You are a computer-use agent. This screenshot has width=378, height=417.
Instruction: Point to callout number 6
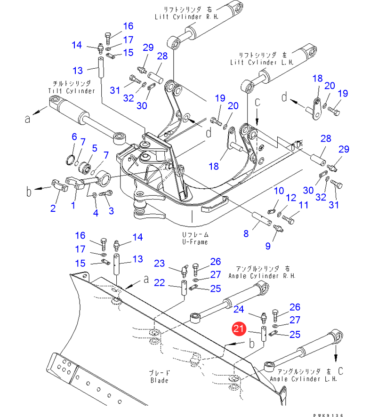point(74,137)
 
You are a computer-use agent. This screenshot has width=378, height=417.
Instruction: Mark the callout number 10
point(279,191)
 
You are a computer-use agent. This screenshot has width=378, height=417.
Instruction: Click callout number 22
point(160,282)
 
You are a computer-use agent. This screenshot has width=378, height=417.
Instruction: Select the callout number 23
point(160,263)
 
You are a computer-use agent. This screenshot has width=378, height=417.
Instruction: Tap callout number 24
point(239,309)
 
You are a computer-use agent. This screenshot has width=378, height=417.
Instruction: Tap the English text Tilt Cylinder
point(78,90)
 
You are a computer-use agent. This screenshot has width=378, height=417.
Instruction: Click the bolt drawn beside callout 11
point(290,218)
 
